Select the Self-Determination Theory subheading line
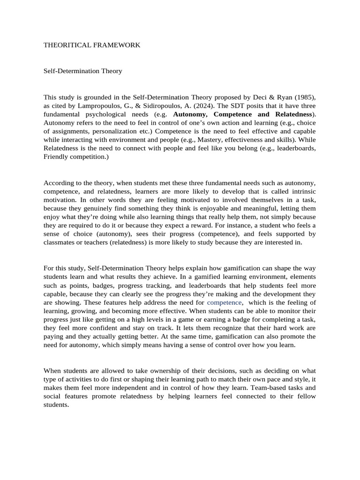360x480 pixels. click(x=82, y=71)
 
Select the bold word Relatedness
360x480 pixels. click(x=293, y=114)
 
